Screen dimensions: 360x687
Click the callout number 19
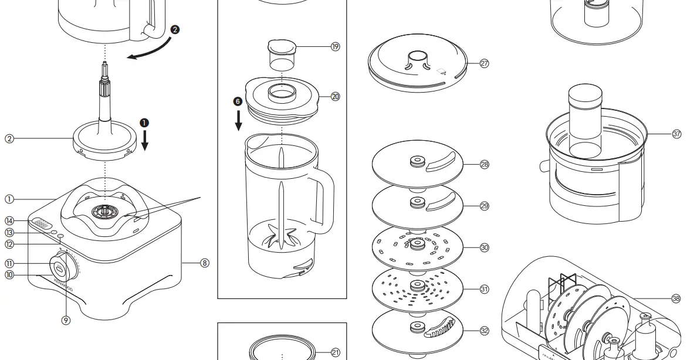(335, 47)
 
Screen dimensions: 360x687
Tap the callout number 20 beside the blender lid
(335, 97)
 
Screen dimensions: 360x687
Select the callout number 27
(484, 64)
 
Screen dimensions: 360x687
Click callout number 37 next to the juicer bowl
(676, 134)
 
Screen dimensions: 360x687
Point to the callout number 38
(676, 298)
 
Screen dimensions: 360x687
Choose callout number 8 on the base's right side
(204, 263)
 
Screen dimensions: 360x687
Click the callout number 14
(9, 221)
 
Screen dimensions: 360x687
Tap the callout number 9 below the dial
(66, 320)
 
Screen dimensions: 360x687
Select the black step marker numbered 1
(144, 123)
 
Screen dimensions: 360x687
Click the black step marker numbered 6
(238, 101)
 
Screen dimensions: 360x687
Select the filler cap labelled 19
(280, 54)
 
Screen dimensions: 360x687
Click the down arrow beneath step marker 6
(238, 121)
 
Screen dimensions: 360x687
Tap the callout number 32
(484, 331)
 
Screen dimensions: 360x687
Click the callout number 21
(335, 352)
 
